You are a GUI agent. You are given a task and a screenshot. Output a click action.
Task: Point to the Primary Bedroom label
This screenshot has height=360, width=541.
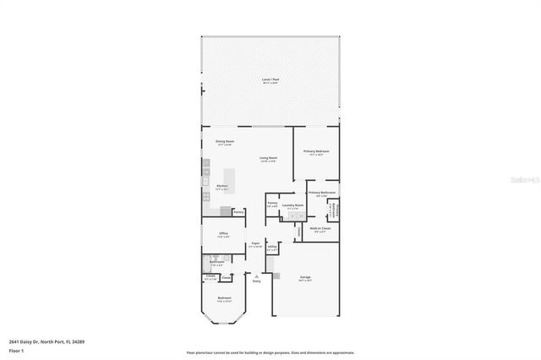317,151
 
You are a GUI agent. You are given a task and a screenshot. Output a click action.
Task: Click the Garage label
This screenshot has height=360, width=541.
305,277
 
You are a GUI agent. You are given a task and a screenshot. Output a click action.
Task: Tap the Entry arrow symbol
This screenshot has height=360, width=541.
256,275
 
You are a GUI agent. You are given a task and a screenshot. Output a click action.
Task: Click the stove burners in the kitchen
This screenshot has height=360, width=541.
205,180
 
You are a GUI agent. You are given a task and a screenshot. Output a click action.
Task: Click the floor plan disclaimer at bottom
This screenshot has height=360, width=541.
270,352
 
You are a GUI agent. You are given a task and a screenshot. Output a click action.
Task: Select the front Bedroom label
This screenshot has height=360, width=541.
224,298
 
